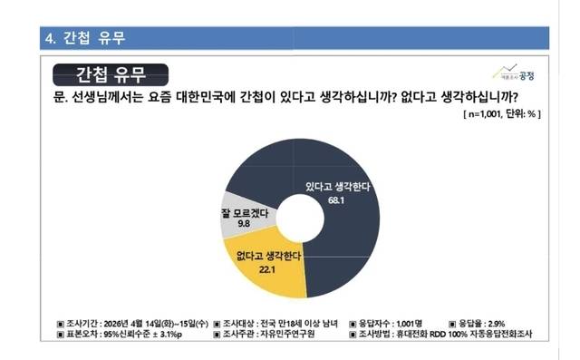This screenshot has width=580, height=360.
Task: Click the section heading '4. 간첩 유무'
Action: pos(85,38)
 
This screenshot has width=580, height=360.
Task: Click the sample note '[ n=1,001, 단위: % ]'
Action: pos(501,115)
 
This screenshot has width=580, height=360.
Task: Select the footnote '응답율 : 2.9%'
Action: pos(494,322)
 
